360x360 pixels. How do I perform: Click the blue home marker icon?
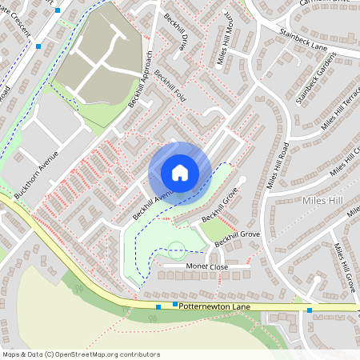point(179,172)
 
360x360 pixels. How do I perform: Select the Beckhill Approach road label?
point(140,80)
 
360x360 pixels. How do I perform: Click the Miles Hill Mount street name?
point(225,40)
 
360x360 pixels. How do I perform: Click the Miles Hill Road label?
point(278,166)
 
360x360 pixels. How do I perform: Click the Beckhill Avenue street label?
point(154,205)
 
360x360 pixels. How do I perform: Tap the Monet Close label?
point(206,266)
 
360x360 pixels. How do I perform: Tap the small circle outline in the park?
point(176,249)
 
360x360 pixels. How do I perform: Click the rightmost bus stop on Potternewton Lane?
point(309,310)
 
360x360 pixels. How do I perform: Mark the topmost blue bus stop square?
point(57,10)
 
